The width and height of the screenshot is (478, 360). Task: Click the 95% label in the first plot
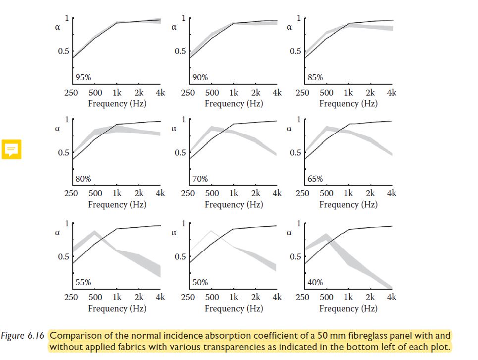(x=83, y=77)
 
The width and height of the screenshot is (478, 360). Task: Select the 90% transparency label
(x=200, y=77)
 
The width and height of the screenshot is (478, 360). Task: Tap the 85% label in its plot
(x=315, y=77)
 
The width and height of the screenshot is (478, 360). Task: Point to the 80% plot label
(x=83, y=179)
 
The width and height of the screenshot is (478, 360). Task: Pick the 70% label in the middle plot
(x=200, y=179)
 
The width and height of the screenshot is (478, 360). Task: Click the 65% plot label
(x=315, y=179)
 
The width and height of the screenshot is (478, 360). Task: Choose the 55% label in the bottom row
(x=83, y=282)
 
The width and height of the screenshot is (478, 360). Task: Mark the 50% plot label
(x=200, y=282)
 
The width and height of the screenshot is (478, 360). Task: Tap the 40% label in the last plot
(x=315, y=282)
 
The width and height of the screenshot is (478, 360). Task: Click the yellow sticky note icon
(x=11, y=149)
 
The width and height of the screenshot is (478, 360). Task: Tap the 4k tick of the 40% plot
(x=392, y=297)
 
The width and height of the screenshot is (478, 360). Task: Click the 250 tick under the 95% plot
(x=71, y=92)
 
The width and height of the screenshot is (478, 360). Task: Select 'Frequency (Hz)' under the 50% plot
(x=234, y=308)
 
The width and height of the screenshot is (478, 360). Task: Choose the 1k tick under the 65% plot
(x=348, y=193)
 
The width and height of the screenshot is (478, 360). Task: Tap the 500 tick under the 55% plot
(x=95, y=297)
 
